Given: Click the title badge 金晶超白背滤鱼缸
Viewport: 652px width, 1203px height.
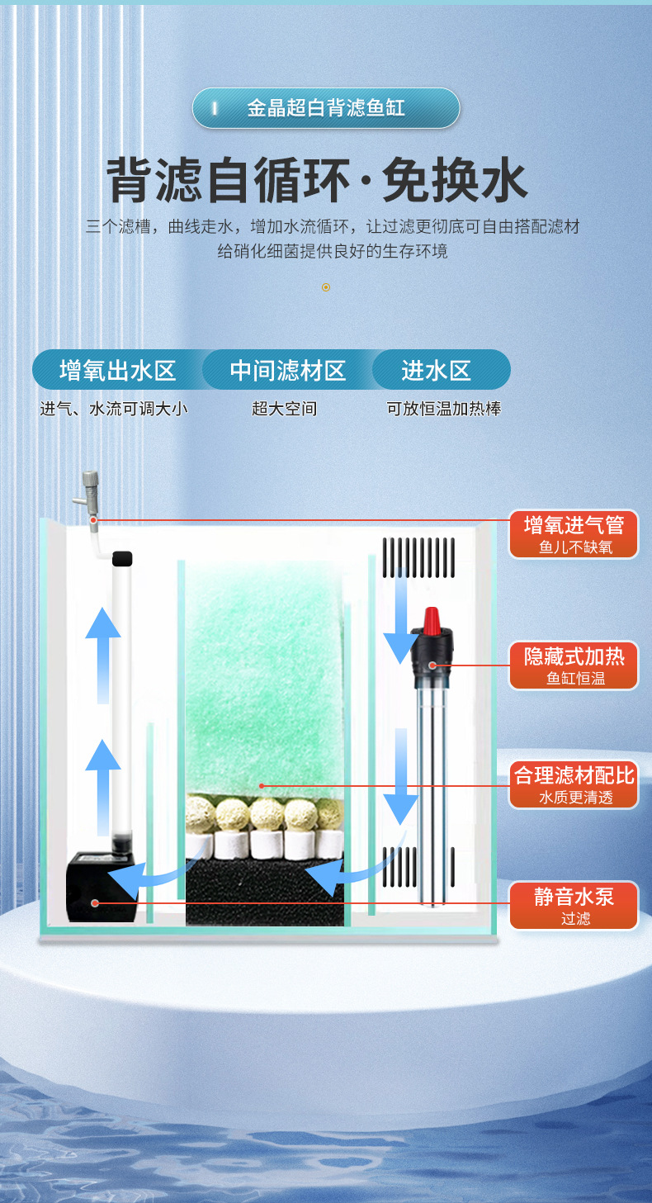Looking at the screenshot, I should [x=325, y=108].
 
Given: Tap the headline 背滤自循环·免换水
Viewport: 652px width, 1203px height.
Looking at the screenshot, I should [x=317, y=181].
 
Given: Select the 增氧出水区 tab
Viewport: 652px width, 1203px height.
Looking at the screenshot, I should [x=118, y=370].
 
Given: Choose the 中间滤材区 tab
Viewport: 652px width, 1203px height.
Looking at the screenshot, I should [x=287, y=370].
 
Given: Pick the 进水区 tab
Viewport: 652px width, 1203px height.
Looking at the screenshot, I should [x=437, y=370].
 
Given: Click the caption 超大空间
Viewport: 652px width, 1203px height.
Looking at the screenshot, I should [x=284, y=409].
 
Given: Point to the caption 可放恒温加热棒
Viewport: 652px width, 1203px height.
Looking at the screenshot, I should [x=444, y=409].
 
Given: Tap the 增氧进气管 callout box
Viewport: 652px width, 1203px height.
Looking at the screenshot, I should [x=574, y=533].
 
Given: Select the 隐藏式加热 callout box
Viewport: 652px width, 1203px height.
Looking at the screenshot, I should [x=574, y=665].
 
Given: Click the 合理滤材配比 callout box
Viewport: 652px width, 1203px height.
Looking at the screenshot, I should [x=574, y=784].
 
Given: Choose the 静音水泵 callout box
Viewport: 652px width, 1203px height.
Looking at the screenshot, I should [x=574, y=905].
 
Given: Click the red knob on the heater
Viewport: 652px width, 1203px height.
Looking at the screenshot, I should [x=431, y=620].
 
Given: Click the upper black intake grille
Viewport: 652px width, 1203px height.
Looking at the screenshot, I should [x=418, y=557].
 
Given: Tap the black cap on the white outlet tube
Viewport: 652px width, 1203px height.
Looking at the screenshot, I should [x=122, y=558].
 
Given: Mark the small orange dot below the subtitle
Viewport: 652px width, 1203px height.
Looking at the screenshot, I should [x=326, y=287].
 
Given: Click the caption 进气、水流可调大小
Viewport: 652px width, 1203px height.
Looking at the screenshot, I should [x=114, y=409].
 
